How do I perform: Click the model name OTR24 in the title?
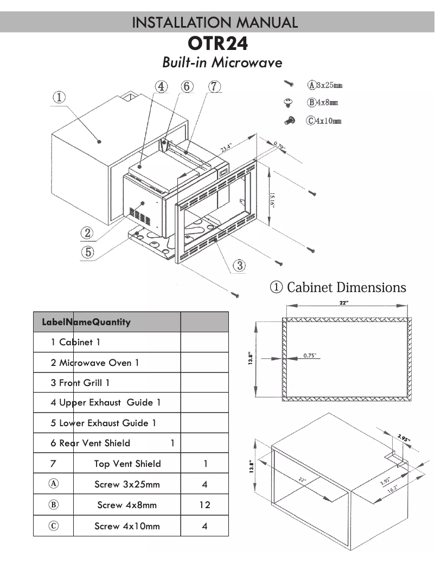pos(217,43)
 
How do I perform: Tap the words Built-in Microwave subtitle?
pos(222,62)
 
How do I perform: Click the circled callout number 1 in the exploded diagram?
pos(59,97)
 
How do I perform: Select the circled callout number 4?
pos(161,86)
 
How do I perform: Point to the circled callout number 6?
pos(187,86)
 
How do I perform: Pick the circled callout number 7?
pos(214,86)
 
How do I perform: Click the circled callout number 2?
pos(87,232)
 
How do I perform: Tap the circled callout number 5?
pos(87,252)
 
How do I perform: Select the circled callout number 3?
pos(239,265)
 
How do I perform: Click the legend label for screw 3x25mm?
pos(325,85)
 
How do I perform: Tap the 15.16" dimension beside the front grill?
pos(273,196)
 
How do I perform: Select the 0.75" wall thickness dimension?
pos(310,356)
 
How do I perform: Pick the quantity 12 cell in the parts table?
pos(204,505)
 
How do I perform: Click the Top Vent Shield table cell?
pos(127,464)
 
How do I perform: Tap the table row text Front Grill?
pos(80,383)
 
